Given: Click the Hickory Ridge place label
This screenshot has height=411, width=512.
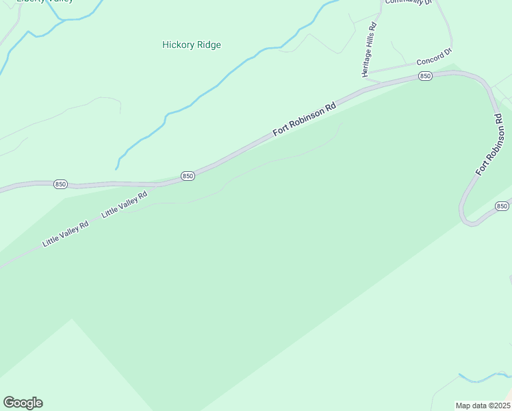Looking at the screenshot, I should [x=192, y=45].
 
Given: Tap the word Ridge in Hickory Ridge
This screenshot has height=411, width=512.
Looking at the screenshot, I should [x=207, y=45].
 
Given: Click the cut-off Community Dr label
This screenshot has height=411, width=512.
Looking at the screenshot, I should [x=409, y=3].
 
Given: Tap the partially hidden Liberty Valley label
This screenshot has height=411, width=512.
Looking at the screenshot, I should [x=45, y=2].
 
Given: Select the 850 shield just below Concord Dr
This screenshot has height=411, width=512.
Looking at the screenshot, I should [x=425, y=76].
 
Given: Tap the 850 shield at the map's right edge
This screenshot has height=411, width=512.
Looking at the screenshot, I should [x=502, y=206].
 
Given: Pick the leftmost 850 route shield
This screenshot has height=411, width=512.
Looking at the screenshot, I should [x=60, y=184].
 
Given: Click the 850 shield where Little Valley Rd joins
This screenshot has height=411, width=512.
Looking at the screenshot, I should [x=188, y=176].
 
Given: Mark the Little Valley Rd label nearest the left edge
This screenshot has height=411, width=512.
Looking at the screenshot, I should [x=66, y=234].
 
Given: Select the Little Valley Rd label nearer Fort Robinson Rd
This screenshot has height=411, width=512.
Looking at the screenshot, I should [x=125, y=205].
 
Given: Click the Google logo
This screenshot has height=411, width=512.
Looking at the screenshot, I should [x=23, y=403].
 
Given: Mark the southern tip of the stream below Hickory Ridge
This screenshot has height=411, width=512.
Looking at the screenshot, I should [x=117, y=169].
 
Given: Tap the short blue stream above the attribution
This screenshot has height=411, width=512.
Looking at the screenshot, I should [x=484, y=377].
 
